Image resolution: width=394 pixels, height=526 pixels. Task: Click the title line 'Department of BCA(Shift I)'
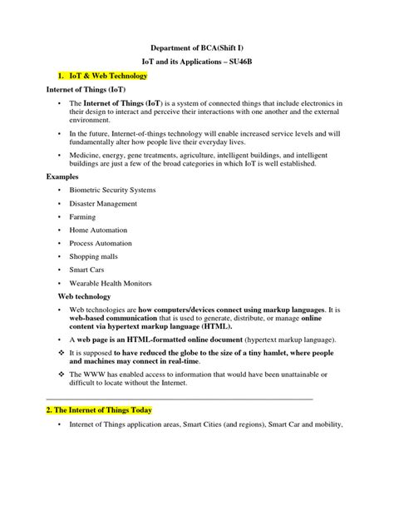tap(197, 49)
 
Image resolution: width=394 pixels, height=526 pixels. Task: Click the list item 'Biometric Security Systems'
tap(112, 190)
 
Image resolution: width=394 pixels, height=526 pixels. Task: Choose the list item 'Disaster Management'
tap(102, 203)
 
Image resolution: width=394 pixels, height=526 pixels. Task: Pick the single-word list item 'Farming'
tap(83, 216)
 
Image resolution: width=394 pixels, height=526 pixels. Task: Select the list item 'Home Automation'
tap(98, 230)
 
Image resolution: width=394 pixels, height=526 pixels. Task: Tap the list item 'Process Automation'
tap(101, 243)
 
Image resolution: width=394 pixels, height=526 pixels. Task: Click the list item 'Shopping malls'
tap(94, 256)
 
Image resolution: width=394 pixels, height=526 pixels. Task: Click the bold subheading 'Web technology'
tap(83, 296)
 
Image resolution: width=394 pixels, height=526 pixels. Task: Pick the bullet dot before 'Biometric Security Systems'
tap(60, 190)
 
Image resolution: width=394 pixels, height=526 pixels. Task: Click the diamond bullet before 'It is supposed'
tap(60, 352)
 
